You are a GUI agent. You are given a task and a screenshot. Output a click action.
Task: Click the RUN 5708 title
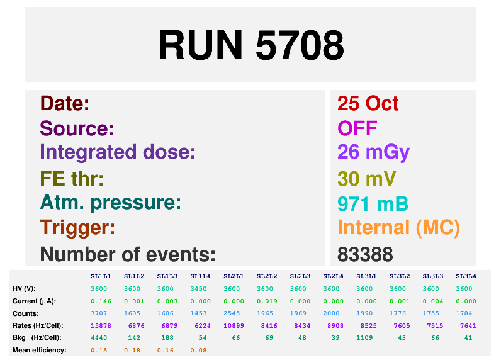coord(251,45)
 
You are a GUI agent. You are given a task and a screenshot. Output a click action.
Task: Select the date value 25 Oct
coord(368,103)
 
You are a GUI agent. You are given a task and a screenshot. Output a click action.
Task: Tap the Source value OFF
coord(357,128)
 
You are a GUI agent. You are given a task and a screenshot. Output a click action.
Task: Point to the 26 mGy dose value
coord(373,153)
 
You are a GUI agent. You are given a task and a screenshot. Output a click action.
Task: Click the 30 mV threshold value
coord(366,179)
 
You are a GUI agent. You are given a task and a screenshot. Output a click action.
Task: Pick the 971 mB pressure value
coord(373,204)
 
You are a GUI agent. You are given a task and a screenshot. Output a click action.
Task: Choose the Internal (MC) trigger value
coord(398,228)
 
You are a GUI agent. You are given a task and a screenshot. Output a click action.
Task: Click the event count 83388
coord(365,254)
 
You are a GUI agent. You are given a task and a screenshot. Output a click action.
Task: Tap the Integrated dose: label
coord(117,152)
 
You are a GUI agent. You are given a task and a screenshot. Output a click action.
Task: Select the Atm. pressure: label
coord(110,203)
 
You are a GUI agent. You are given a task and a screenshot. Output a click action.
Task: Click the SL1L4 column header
coord(200,276)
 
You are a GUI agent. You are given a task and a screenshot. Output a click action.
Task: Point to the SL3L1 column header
coord(366,276)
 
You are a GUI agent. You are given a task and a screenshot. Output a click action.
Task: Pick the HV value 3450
coord(198,289)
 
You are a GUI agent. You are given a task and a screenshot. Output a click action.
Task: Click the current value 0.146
coord(101,301)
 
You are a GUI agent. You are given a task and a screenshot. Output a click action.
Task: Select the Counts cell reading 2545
coord(232,313)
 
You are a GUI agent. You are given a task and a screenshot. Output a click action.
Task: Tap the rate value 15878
coord(101,326)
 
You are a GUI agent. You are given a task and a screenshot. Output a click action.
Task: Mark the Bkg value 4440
coord(99,338)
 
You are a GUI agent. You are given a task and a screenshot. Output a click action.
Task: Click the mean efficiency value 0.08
coord(198,351)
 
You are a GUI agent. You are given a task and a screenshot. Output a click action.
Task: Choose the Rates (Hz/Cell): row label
coord(38,326)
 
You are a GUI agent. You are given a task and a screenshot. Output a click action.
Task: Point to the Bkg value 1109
coord(364,338)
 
